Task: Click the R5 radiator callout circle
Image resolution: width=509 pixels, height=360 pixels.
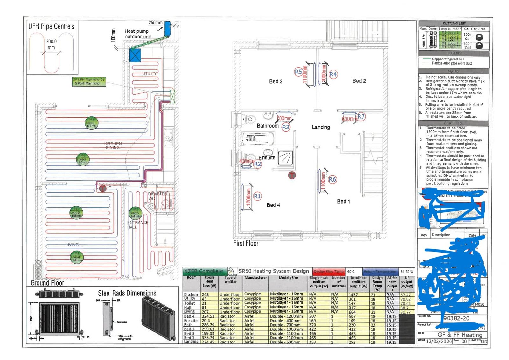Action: (x=298, y=72)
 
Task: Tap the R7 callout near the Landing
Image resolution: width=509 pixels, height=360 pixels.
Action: (x=361, y=116)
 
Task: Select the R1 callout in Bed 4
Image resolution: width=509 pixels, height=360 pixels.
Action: (x=257, y=196)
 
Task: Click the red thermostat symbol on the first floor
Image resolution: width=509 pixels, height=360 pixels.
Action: (x=292, y=175)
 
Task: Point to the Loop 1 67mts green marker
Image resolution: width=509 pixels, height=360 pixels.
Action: (x=91, y=123)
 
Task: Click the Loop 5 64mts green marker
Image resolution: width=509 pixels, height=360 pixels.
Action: (x=136, y=213)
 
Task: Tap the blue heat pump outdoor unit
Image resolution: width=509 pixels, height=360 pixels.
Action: (x=167, y=29)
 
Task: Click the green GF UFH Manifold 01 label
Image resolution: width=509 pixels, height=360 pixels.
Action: (x=89, y=81)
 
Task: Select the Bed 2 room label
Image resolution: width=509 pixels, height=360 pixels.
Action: (x=359, y=81)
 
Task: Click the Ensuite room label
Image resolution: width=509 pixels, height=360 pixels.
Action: (x=267, y=158)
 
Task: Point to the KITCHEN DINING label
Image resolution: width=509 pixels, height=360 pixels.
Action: (x=113, y=146)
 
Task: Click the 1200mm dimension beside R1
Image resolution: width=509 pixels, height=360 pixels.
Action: (x=248, y=197)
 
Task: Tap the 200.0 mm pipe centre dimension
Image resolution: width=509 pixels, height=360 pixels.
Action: (x=51, y=45)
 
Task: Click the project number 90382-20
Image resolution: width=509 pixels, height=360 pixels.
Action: (x=456, y=318)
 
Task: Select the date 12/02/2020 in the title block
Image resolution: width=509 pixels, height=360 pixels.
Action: (x=439, y=341)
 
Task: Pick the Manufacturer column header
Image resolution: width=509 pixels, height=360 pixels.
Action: (x=255, y=278)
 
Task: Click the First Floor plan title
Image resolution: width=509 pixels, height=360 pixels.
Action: (x=246, y=244)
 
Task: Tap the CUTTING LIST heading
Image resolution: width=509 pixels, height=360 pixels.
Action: (x=454, y=24)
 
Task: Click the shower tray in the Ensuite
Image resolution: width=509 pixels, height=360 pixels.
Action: (x=285, y=158)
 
